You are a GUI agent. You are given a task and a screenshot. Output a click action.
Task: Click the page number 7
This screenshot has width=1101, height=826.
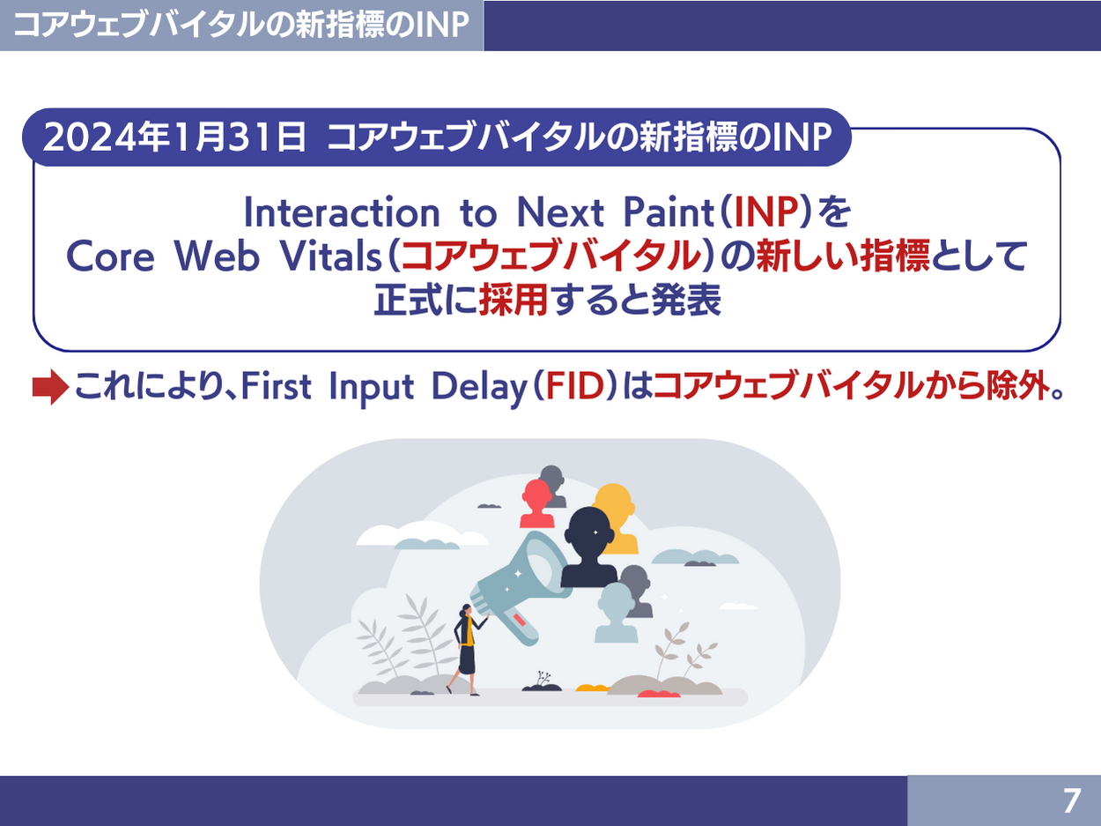coord(1071,801)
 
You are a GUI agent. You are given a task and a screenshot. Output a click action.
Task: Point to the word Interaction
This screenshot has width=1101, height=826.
coord(342,212)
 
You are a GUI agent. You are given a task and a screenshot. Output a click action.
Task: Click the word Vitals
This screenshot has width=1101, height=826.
coord(331,257)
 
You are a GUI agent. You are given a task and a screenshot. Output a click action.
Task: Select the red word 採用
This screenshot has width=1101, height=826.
coord(514,300)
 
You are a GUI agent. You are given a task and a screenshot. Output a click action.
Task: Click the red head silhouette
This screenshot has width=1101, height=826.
coord(536,503)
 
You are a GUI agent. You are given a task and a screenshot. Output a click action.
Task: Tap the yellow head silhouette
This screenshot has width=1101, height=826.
coord(616,517)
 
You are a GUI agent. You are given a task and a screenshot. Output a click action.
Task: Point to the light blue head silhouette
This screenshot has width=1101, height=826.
coord(617,612)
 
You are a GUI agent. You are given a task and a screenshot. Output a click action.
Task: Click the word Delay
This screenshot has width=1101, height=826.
coord(480,387)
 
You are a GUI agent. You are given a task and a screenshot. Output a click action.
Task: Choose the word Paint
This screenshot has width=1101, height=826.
coord(669,212)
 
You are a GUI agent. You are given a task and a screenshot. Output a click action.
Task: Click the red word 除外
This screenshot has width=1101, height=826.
coord(1017,386)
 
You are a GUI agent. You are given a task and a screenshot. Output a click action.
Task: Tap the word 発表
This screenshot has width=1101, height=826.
coord(686,300)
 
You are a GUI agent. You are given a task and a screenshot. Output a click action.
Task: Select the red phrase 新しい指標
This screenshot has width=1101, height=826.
coord(843,257)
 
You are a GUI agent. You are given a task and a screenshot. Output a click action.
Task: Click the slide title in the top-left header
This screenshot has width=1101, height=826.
coord(241,25)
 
